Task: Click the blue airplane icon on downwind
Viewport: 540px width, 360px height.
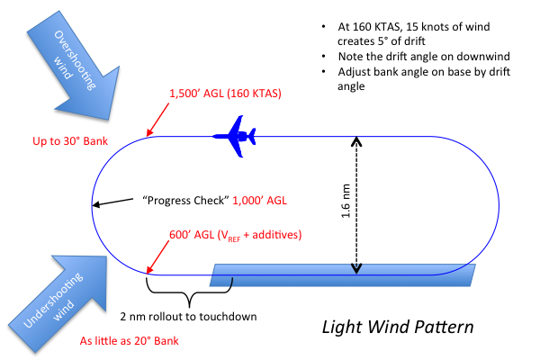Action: [236, 136]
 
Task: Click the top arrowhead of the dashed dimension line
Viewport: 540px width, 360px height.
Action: [357, 141]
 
